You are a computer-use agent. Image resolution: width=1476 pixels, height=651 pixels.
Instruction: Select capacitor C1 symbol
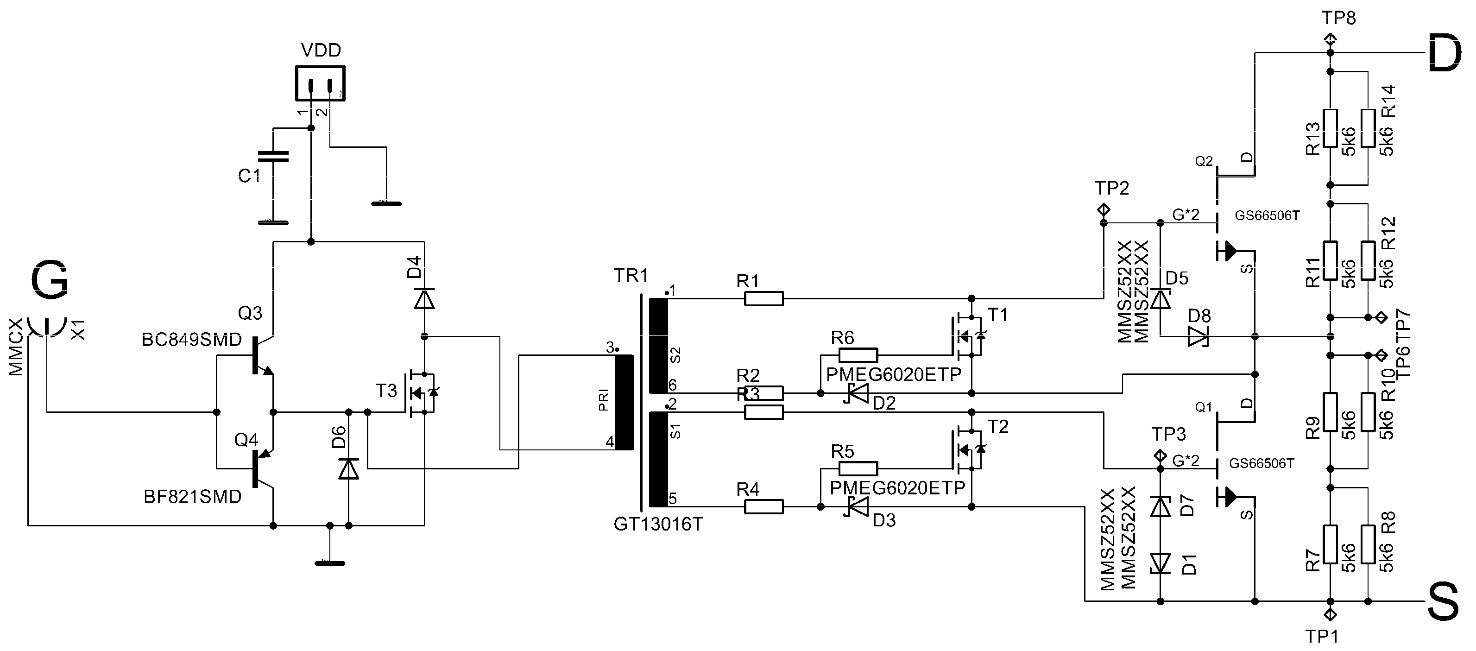273,157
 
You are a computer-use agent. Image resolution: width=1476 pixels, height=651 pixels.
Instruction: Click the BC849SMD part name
191,340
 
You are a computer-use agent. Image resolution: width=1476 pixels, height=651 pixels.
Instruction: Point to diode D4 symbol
424,298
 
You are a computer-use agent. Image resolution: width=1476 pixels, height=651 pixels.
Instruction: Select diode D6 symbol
348,469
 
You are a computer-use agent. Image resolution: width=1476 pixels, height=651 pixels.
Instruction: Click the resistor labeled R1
763,298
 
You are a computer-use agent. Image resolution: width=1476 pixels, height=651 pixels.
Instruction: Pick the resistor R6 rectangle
858,355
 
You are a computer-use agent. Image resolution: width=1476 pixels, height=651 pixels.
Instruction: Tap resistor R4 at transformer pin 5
763,506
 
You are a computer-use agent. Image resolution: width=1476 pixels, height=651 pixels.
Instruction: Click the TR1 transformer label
631,276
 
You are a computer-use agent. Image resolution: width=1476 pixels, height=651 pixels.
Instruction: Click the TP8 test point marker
1331,41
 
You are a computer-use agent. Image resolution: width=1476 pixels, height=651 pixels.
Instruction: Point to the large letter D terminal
1444,53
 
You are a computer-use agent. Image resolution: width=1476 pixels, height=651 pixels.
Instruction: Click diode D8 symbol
1198,336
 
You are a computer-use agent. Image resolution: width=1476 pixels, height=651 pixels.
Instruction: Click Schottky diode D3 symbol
857,506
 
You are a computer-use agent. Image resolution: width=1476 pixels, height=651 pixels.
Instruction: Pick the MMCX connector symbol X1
46,329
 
